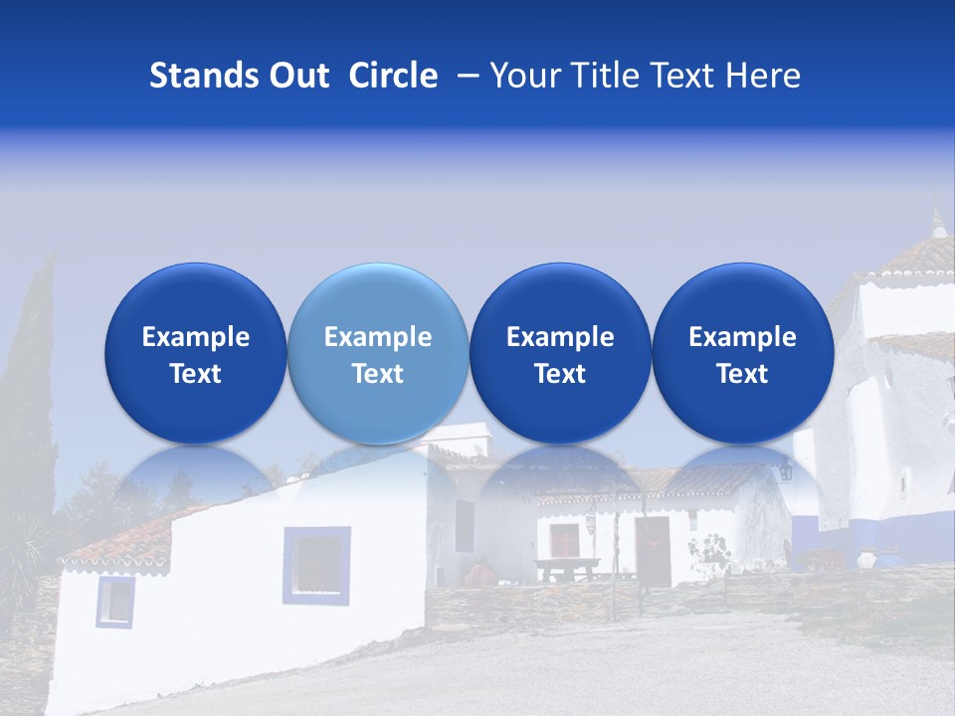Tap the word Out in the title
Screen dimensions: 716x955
point(297,76)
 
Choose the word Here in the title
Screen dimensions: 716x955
point(762,76)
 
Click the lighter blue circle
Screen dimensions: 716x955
point(378,353)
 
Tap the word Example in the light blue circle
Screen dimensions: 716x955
point(378,337)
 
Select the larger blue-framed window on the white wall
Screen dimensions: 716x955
point(316,565)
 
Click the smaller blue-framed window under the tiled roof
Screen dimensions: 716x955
point(115,602)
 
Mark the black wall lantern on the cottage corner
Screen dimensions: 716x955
point(785,469)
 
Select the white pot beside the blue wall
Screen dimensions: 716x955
point(866,560)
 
